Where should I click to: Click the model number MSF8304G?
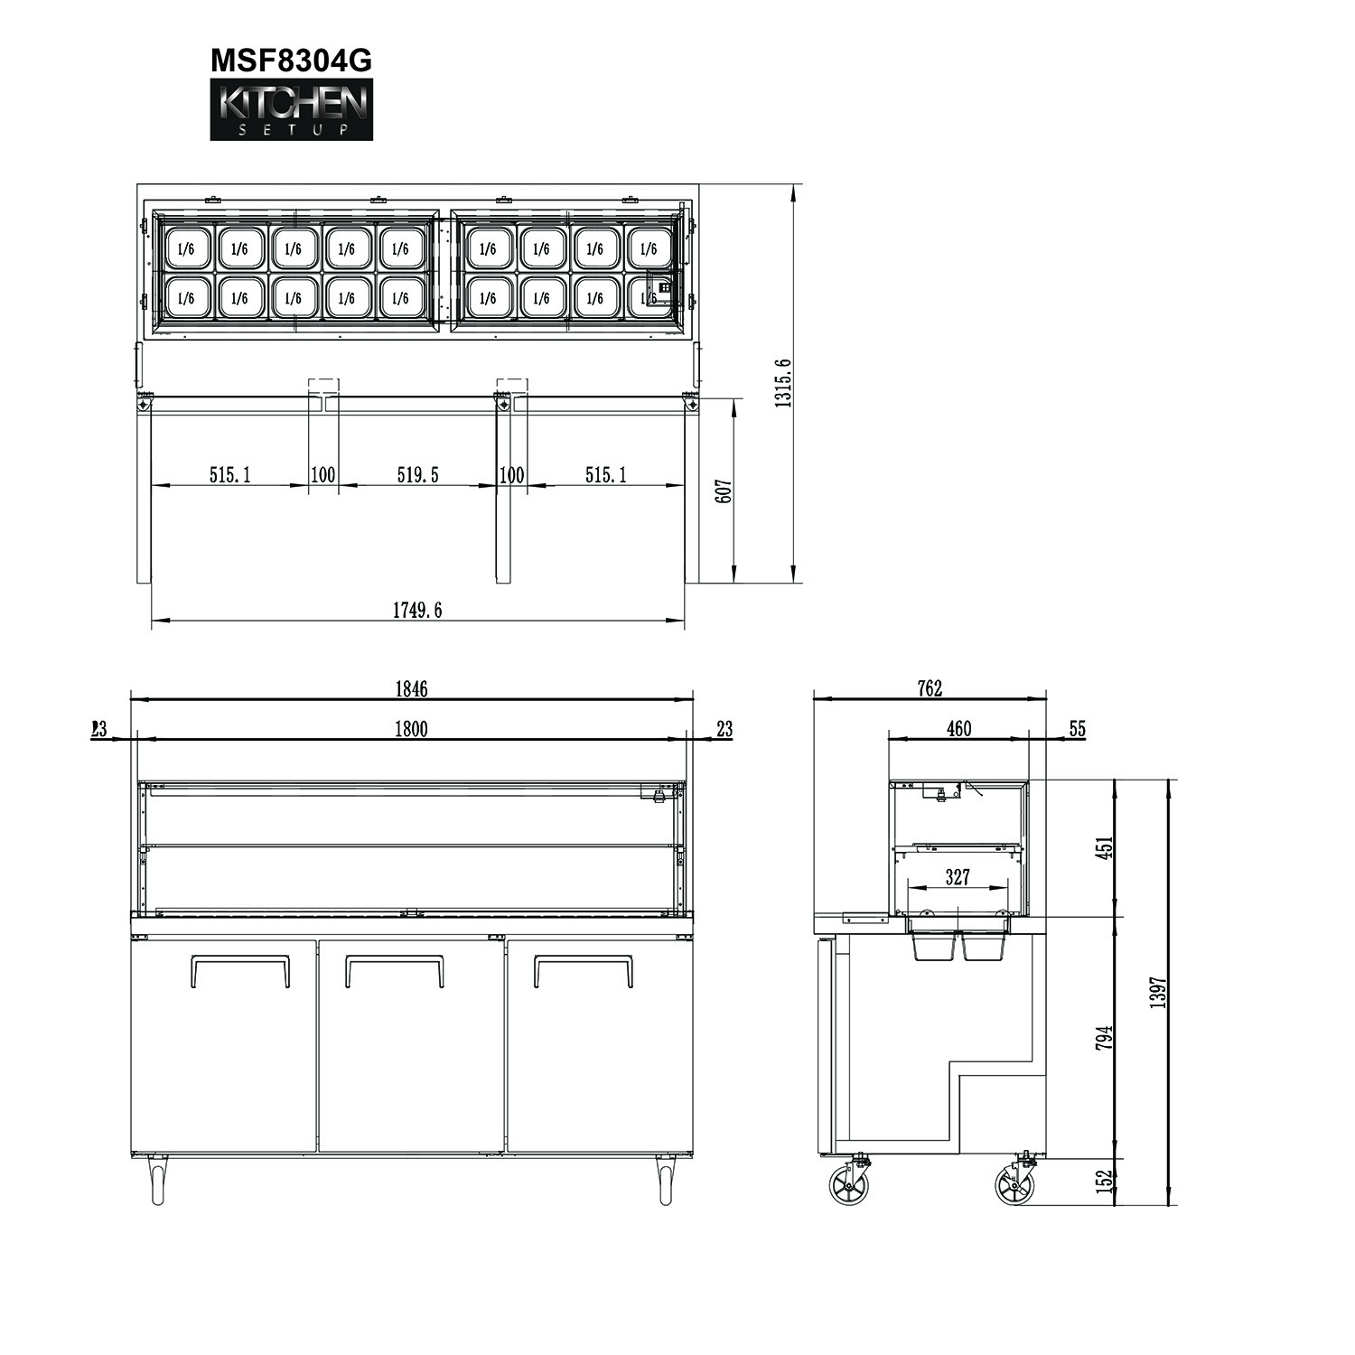click(x=291, y=60)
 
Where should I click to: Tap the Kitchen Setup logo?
click(x=291, y=110)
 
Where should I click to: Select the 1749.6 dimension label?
click(x=417, y=610)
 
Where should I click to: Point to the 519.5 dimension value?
click(x=418, y=474)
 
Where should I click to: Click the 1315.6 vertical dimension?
click(x=783, y=383)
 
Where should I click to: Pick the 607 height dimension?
click(x=723, y=491)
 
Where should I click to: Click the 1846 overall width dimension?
click(x=411, y=689)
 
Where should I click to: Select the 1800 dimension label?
click(x=411, y=729)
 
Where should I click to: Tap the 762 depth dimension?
click(x=930, y=688)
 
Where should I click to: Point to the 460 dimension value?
click(x=958, y=728)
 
